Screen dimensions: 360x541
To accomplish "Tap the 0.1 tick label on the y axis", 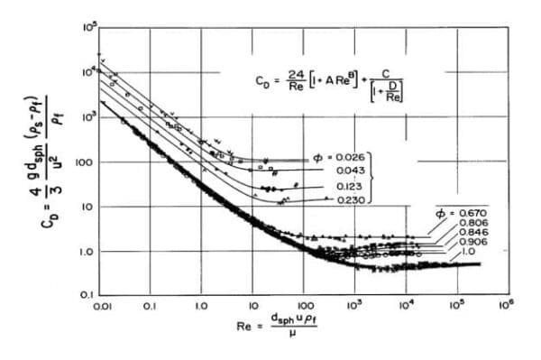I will pos(87,295).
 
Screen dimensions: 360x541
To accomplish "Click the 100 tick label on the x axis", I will pos(304,307).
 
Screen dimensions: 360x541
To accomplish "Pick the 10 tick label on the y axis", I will pos(88,207).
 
